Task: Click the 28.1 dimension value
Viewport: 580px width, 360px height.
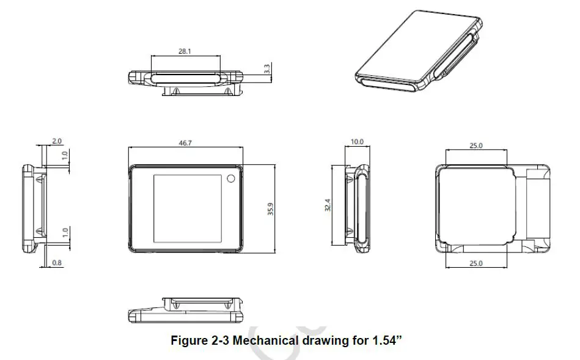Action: (184, 52)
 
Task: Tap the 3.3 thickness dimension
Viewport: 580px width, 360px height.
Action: (267, 69)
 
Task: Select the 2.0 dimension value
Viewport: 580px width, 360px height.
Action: (56, 141)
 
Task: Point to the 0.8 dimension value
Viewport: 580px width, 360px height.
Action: (56, 262)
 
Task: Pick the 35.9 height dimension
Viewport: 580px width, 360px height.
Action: (270, 208)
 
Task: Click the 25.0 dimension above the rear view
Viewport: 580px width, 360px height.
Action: (476, 145)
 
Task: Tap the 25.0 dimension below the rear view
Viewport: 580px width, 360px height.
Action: (476, 263)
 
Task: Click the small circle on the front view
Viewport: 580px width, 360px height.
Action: (230, 178)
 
